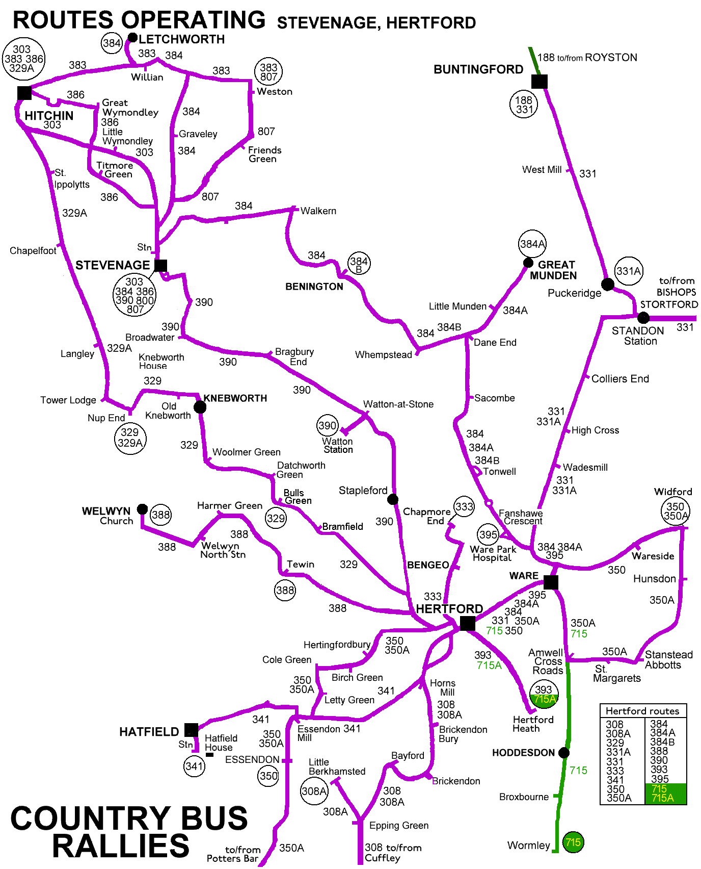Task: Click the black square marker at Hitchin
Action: [x=24, y=93]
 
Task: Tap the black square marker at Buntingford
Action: [x=539, y=82]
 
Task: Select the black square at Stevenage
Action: [x=160, y=265]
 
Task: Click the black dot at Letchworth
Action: [x=132, y=38]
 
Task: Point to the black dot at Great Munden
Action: [x=528, y=263]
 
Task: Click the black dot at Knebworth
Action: [x=200, y=407]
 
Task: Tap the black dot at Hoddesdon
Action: [x=563, y=753]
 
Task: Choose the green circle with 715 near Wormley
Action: [x=573, y=842]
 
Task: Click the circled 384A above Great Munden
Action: [x=532, y=244]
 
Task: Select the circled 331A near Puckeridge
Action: [x=629, y=271]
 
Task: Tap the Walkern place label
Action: [x=318, y=211]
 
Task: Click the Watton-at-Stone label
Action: [x=398, y=404]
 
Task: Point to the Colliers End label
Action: [x=620, y=379]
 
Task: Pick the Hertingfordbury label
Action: [x=337, y=645]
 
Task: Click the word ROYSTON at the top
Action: [x=611, y=58]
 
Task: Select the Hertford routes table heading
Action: [x=642, y=711]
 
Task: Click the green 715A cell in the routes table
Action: [x=662, y=798]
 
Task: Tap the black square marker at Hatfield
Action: [x=191, y=730]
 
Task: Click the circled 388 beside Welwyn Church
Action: [x=161, y=515]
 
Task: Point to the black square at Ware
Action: [x=551, y=582]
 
